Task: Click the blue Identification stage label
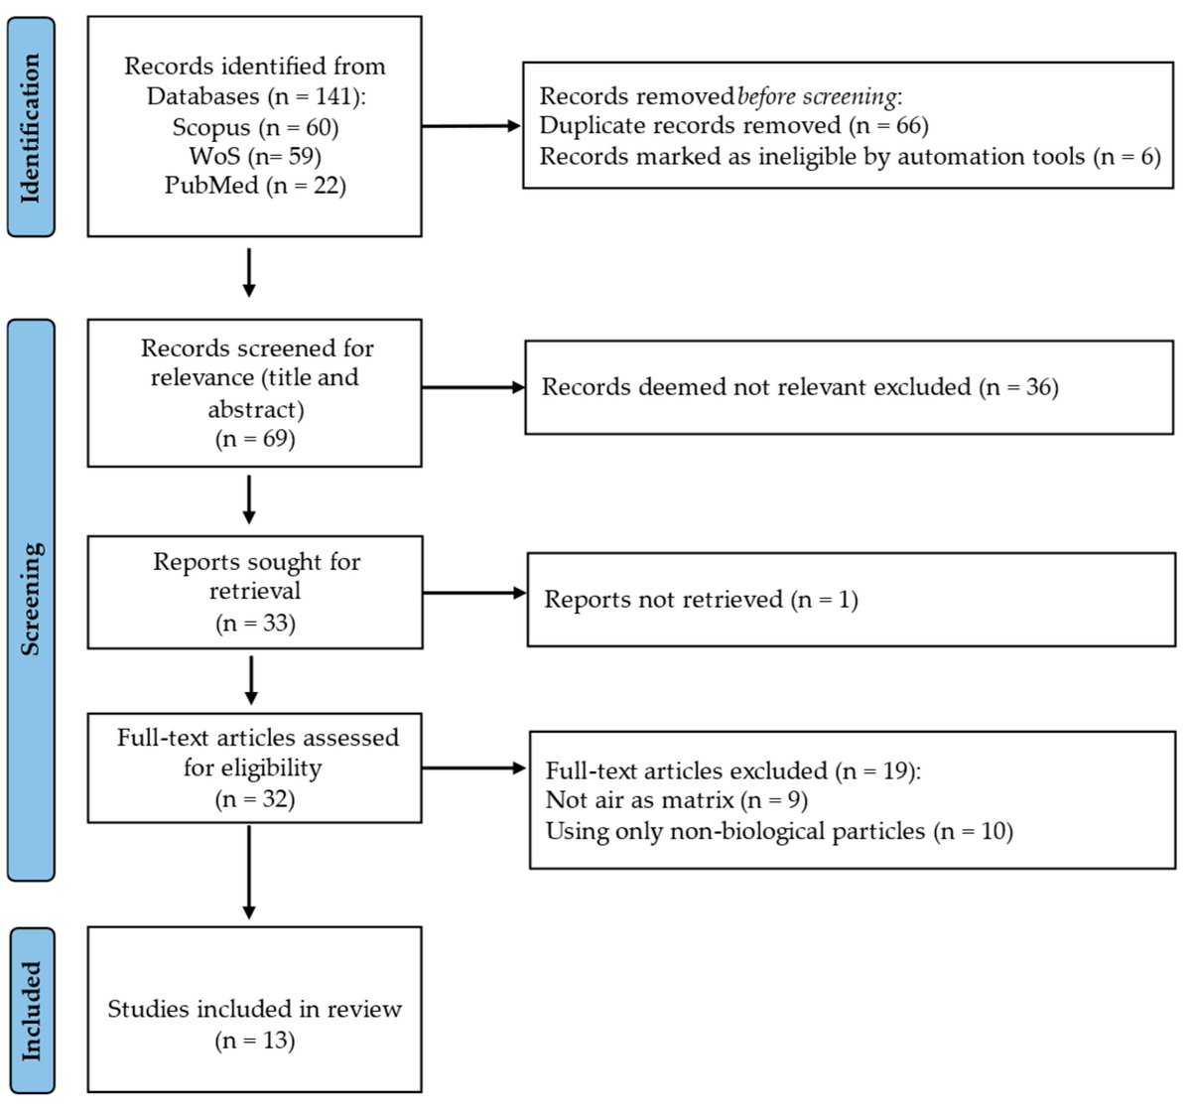pos(31,127)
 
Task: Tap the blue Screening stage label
pos(31,600)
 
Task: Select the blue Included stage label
pos(31,1011)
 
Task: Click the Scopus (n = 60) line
pos(255,128)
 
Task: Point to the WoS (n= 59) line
pos(255,157)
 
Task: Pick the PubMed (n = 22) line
pos(255,186)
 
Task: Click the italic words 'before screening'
pos(817,96)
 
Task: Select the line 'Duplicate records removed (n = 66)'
pos(733,126)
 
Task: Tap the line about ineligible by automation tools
pos(850,157)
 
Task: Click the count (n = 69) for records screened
pos(255,439)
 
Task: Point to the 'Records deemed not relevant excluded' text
pos(756,387)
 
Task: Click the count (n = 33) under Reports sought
pos(255,623)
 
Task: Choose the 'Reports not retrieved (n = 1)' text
pos(701,600)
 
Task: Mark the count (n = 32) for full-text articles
pos(255,799)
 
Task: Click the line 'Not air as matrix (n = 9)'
pos(677,800)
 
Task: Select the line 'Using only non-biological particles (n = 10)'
pos(779,832)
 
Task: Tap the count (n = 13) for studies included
pos(255,1041)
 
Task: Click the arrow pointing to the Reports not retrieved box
pos(474,593)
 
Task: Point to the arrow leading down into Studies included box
pos(249,873)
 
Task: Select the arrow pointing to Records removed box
pos(471,126)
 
